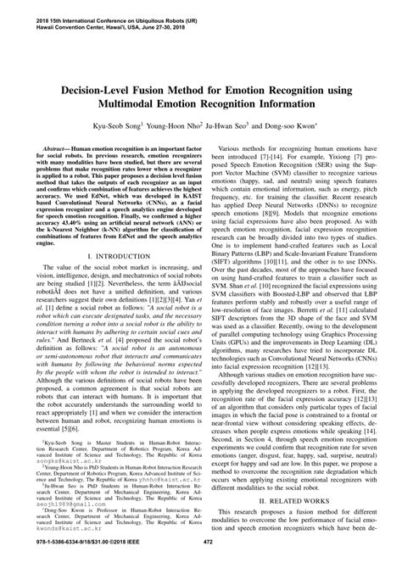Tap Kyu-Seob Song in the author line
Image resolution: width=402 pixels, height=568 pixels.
pyautogui.click(x=129, y=124)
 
